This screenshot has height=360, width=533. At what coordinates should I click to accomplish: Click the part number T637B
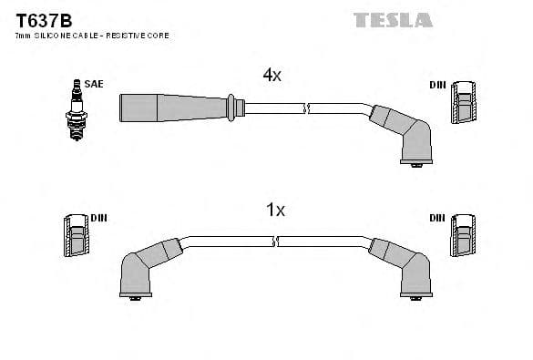[x=37, y=19]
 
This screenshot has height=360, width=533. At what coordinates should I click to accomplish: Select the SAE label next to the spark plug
[x=94, y=84]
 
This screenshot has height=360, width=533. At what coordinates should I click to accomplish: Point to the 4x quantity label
[x=272, y=76]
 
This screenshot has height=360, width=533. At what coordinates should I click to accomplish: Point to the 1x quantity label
[x=274, y=211]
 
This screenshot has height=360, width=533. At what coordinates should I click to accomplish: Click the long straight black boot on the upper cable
[x=173, y=107]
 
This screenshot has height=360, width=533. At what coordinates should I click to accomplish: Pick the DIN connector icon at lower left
[x=76, y=236]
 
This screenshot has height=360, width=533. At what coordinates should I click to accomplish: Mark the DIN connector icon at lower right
[x=463, y=236]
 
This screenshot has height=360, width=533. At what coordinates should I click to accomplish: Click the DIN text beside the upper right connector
[x=437, y=85]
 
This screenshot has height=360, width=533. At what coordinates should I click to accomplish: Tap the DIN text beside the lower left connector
[x=98, y=218]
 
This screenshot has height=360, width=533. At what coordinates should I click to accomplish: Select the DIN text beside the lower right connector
[x=437, y=218]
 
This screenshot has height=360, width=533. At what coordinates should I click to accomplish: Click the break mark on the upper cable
[x=309, y=108]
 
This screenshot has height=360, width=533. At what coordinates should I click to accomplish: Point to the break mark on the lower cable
[x=276, y=242]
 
